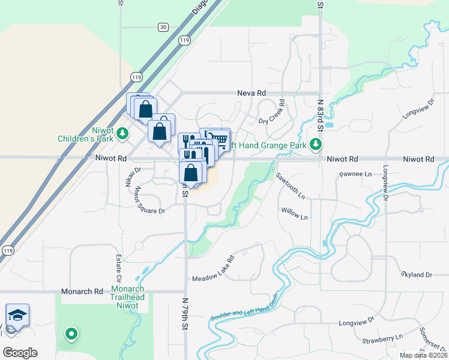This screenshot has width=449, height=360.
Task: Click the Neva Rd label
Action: click(x=251, y=93)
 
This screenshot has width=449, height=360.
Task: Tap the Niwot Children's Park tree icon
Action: click(x=122, y=133)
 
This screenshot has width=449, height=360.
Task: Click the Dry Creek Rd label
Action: click(x=272, y=112)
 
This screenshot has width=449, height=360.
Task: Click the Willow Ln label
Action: click(x=294, y=214)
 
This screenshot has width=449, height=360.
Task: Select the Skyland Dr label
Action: click(x=416, y=274)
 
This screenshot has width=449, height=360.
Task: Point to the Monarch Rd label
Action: click(x=82, y=292)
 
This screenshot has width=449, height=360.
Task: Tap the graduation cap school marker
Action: click(x=17, y=314)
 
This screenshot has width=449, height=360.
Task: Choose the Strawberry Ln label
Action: click(x=382, y=340)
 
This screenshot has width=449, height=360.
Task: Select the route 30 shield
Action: click(x=163, y=27)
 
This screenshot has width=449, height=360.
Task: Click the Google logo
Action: click(x=20, y=353)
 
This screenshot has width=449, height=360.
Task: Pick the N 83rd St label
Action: click(x=321, y=116)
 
